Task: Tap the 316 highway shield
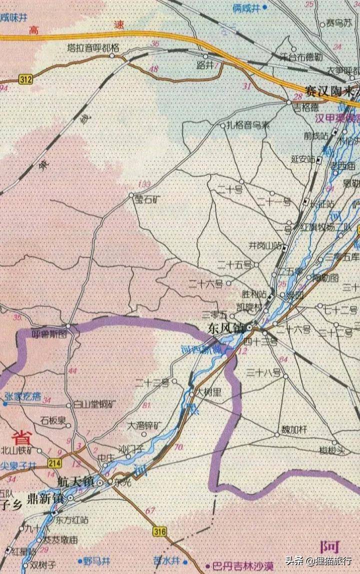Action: click(159, 531)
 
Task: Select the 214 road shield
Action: click(54, 463)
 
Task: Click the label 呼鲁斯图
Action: click(49, 334)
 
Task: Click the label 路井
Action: click(205, 65)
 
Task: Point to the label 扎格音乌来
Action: click(248, 125)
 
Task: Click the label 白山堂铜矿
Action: click(94, 404)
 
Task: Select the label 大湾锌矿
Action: click(144, 426)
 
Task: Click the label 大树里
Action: click(208, 393)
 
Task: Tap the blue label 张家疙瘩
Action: click(22, 395)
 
